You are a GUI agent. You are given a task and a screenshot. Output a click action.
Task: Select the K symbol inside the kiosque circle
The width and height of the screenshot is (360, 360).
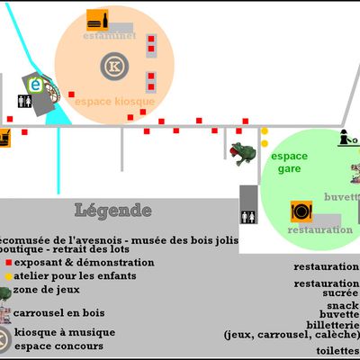(x=113, y=67)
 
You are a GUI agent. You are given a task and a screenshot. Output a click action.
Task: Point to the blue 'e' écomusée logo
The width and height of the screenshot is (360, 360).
(x=37, y=85)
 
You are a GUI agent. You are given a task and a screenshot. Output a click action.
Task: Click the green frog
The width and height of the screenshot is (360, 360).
(x=241, y=154)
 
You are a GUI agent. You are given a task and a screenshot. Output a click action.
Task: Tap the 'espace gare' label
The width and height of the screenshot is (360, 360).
(x=289, y=162)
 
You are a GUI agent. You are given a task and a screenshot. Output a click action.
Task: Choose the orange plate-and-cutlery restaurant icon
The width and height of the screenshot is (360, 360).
(x=301, y=211)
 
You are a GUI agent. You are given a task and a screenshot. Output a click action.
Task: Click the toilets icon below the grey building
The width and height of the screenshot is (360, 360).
(x=249, y=216)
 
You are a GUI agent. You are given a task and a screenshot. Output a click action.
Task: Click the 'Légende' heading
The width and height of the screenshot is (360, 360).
(x=112, y=211)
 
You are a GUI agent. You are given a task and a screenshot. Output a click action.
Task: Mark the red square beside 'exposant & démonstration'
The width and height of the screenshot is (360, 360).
(x=8, y=263)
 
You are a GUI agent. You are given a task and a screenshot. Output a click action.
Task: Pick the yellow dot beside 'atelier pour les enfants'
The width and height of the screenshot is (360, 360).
(x=8, y=274)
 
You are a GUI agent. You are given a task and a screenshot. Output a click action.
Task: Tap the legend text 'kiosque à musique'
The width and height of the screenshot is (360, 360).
(x=59, y=332)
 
